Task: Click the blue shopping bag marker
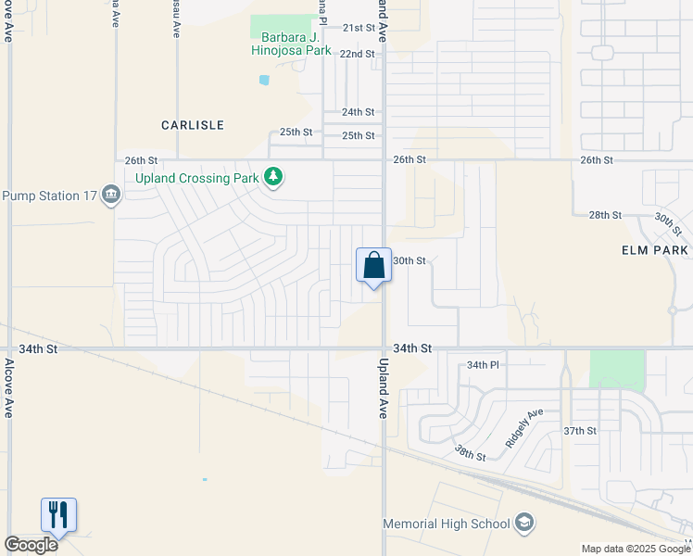(x=373, y=266)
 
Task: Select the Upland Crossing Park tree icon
(x=273, y=176)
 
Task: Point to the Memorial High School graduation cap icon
(x=525, y=524)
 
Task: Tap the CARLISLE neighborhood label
(x=193, y=124)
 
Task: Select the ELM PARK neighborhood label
(x=655, y=250)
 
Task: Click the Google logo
(x=31, y=545)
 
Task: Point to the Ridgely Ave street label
(x=524, y=428)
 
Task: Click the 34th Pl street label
(x=483, y=365)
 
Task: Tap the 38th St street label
(x=470, y=453)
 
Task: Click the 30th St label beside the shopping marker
(x=409, y=260)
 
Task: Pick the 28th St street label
(x=604, y=215)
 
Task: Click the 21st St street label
(x=359, y=28)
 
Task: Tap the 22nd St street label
(x=357, y=54)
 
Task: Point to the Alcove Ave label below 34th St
(x=8, y=389)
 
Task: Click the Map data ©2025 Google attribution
(x=635, y=549)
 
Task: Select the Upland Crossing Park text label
(x=197, y=177)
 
